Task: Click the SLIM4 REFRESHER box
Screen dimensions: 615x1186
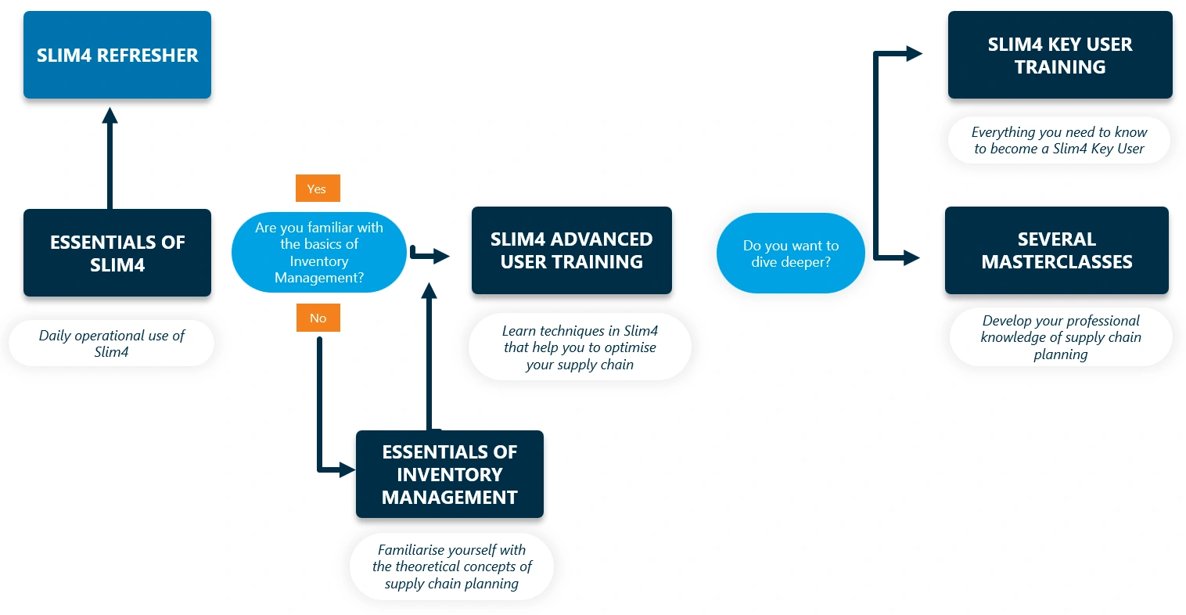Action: (117, 55)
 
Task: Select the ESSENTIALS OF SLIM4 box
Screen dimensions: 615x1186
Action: (117, 253)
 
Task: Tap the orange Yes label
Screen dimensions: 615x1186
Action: (317, 189)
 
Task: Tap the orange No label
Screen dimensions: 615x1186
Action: (318, 318)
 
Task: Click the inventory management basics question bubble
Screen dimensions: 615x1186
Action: (319, 252)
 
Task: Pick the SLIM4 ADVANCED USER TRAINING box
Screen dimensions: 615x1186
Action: (571, 250)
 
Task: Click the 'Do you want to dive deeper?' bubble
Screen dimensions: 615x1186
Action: (790, 254)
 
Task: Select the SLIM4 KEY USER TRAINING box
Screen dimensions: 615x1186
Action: (1059, 55)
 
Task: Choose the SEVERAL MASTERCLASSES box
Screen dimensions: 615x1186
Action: (1056, 250)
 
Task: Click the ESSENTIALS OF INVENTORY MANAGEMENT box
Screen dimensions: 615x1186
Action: (449, 474)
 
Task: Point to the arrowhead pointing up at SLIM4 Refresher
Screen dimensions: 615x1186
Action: (110, 116)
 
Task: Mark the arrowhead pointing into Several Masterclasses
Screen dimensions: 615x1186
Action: (911, 257)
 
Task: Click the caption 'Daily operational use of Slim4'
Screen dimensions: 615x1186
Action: (111, 343)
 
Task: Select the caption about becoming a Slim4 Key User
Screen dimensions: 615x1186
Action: (1058, 141)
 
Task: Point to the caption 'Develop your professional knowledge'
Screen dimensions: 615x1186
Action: (1060, 337)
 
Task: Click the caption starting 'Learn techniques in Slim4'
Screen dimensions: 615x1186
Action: (579, 347)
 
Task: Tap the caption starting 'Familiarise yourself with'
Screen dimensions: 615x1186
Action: (451, 566)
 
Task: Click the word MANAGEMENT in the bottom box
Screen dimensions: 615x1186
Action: (449, 498)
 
